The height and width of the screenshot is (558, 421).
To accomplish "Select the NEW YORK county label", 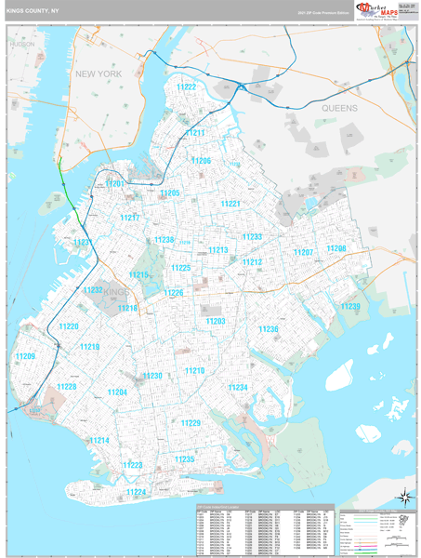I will [99, 73].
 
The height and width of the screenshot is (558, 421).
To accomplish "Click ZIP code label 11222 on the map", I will [186, 86].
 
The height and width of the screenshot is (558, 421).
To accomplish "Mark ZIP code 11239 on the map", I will [349, 306].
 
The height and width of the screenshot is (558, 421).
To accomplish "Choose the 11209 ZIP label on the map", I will [24, 357].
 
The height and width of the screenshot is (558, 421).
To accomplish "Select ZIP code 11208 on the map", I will [335, 248].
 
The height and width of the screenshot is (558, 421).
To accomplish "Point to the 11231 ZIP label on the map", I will [84, 242].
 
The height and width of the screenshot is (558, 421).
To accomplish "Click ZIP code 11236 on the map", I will [268, 329].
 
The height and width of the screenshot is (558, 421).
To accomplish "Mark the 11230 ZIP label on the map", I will [151, 376].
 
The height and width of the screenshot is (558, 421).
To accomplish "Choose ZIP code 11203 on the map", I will [216, 321].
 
